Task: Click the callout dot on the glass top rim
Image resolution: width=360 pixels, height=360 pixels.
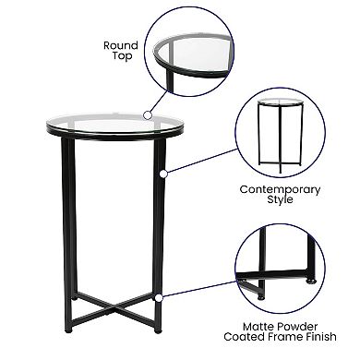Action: coord(145,114)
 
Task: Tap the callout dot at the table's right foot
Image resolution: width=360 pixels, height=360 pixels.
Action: coord(159,297)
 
